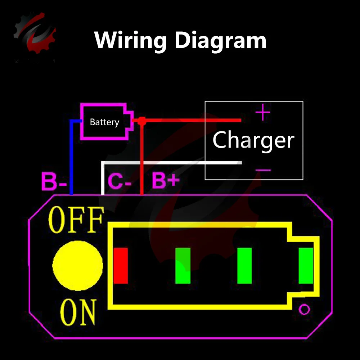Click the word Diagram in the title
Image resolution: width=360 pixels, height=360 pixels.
221,40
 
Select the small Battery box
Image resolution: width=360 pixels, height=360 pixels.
104,122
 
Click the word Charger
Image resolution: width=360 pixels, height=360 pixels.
253,140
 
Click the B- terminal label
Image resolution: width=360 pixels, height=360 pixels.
54,182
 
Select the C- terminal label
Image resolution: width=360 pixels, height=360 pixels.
120,182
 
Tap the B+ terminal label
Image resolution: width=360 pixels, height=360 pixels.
165,181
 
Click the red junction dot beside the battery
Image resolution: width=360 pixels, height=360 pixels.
141,121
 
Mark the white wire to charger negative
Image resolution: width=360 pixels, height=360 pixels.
169,163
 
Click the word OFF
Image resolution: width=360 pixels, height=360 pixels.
76,220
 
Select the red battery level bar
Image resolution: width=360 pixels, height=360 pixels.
121,266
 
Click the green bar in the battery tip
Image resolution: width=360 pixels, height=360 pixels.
306,266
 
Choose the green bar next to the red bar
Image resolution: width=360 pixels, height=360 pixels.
183,266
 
